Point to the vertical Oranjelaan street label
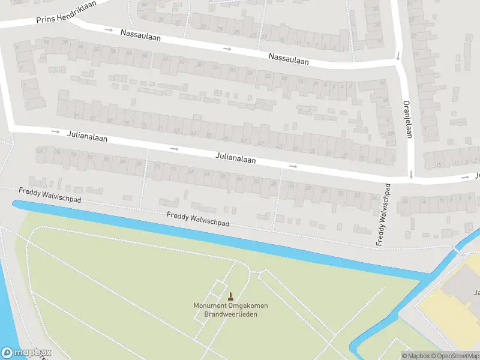(406, 119)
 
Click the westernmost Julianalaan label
(88, 137)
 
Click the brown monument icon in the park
(230, 296)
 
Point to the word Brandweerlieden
(230, 314)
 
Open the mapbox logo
(26, 353)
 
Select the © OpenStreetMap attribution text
(455, 355)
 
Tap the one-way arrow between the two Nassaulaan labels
(227, 49)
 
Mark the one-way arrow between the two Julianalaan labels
(175, 148)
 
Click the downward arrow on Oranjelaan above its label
(398, 57)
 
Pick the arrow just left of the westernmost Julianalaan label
(55, 131)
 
